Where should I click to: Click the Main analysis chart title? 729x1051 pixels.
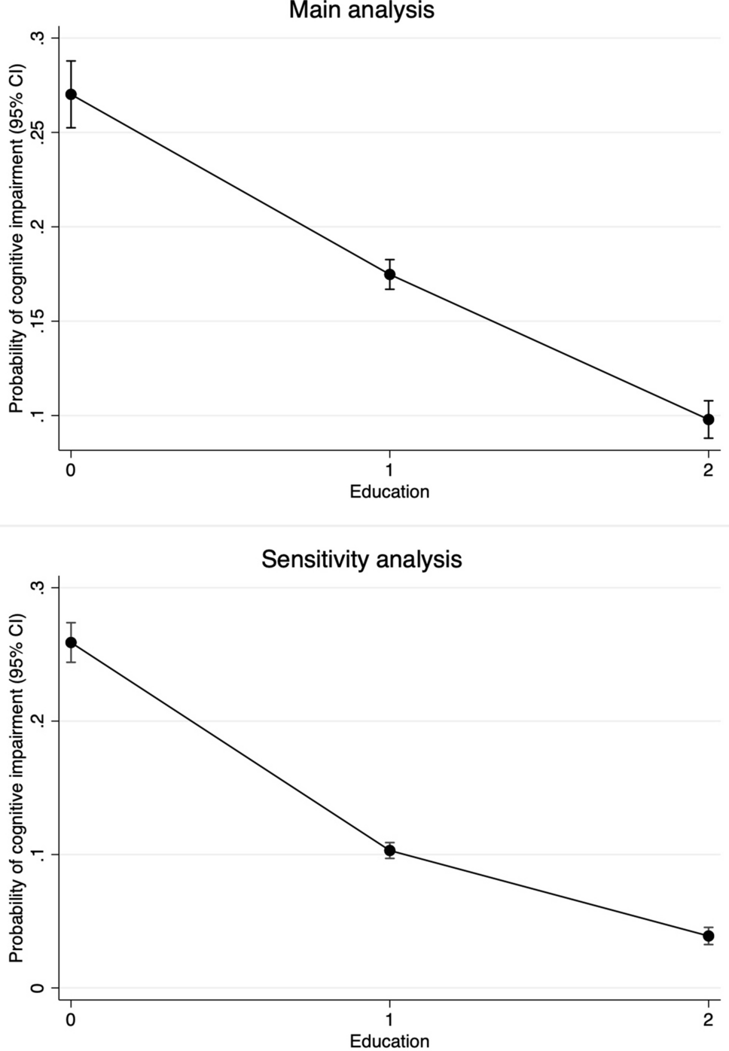point(361,11)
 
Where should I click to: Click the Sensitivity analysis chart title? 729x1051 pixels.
point(361,559)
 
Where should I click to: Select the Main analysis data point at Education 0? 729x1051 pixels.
point(71,94)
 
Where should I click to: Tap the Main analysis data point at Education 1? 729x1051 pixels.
point(389,274)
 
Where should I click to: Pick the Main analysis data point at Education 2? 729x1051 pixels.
point(708,419)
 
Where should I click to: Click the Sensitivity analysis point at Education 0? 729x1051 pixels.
point(71,642)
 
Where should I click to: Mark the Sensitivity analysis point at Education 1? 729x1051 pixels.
point(389,851)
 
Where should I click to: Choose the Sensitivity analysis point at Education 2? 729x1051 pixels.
point(708,936)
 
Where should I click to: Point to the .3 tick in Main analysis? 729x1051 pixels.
point(38,38)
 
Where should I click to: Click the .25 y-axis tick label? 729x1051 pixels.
point(38,133)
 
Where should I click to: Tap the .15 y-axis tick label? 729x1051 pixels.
point(38,321)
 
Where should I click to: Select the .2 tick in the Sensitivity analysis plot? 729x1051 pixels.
point(38,721)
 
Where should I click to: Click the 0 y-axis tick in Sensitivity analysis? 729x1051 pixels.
point(38,988)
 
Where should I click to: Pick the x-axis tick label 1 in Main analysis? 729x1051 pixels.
point(389,471)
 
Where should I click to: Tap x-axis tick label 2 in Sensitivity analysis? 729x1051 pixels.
point(708,1020)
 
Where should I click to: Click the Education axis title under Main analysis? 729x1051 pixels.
point(389,492)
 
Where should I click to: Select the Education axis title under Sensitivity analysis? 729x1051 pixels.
point(389,1041)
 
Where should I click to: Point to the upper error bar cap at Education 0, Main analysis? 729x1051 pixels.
point(71,61)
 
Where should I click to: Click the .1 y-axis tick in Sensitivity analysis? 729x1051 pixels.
point(38,855)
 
